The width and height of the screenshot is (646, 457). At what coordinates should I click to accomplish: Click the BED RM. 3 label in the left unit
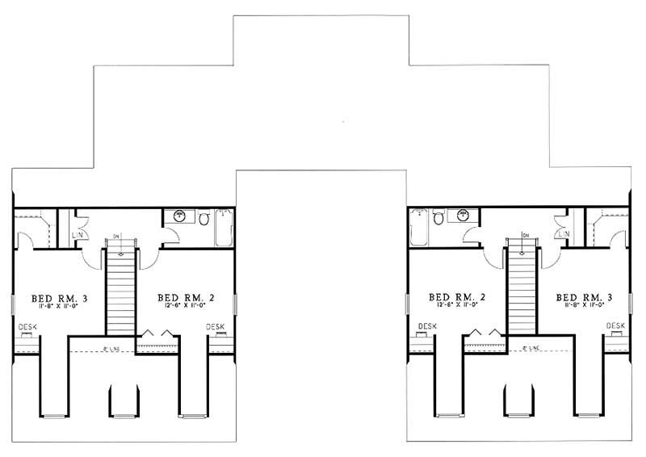click(x=59, y=299)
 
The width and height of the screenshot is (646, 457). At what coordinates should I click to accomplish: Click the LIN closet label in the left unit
click(x=78, y=234)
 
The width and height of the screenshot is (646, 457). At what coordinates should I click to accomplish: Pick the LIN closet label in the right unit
click(x=563, y=234)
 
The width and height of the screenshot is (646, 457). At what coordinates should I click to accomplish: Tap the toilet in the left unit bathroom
click(x=204, y=218)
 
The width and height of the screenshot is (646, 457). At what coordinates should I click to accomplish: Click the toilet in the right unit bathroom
click(x=438, y=217)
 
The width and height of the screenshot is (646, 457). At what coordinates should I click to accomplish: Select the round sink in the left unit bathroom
click(x=178, y=216)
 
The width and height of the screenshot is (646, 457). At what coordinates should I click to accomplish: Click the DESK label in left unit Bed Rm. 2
click(x=216, y=326)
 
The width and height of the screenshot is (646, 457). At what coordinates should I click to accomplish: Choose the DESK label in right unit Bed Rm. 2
click(x=427, y=326)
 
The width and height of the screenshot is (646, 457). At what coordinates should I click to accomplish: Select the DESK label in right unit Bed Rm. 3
click(x=615, y=326)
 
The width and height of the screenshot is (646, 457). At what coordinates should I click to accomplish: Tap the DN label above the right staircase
click(x=525, y=235)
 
